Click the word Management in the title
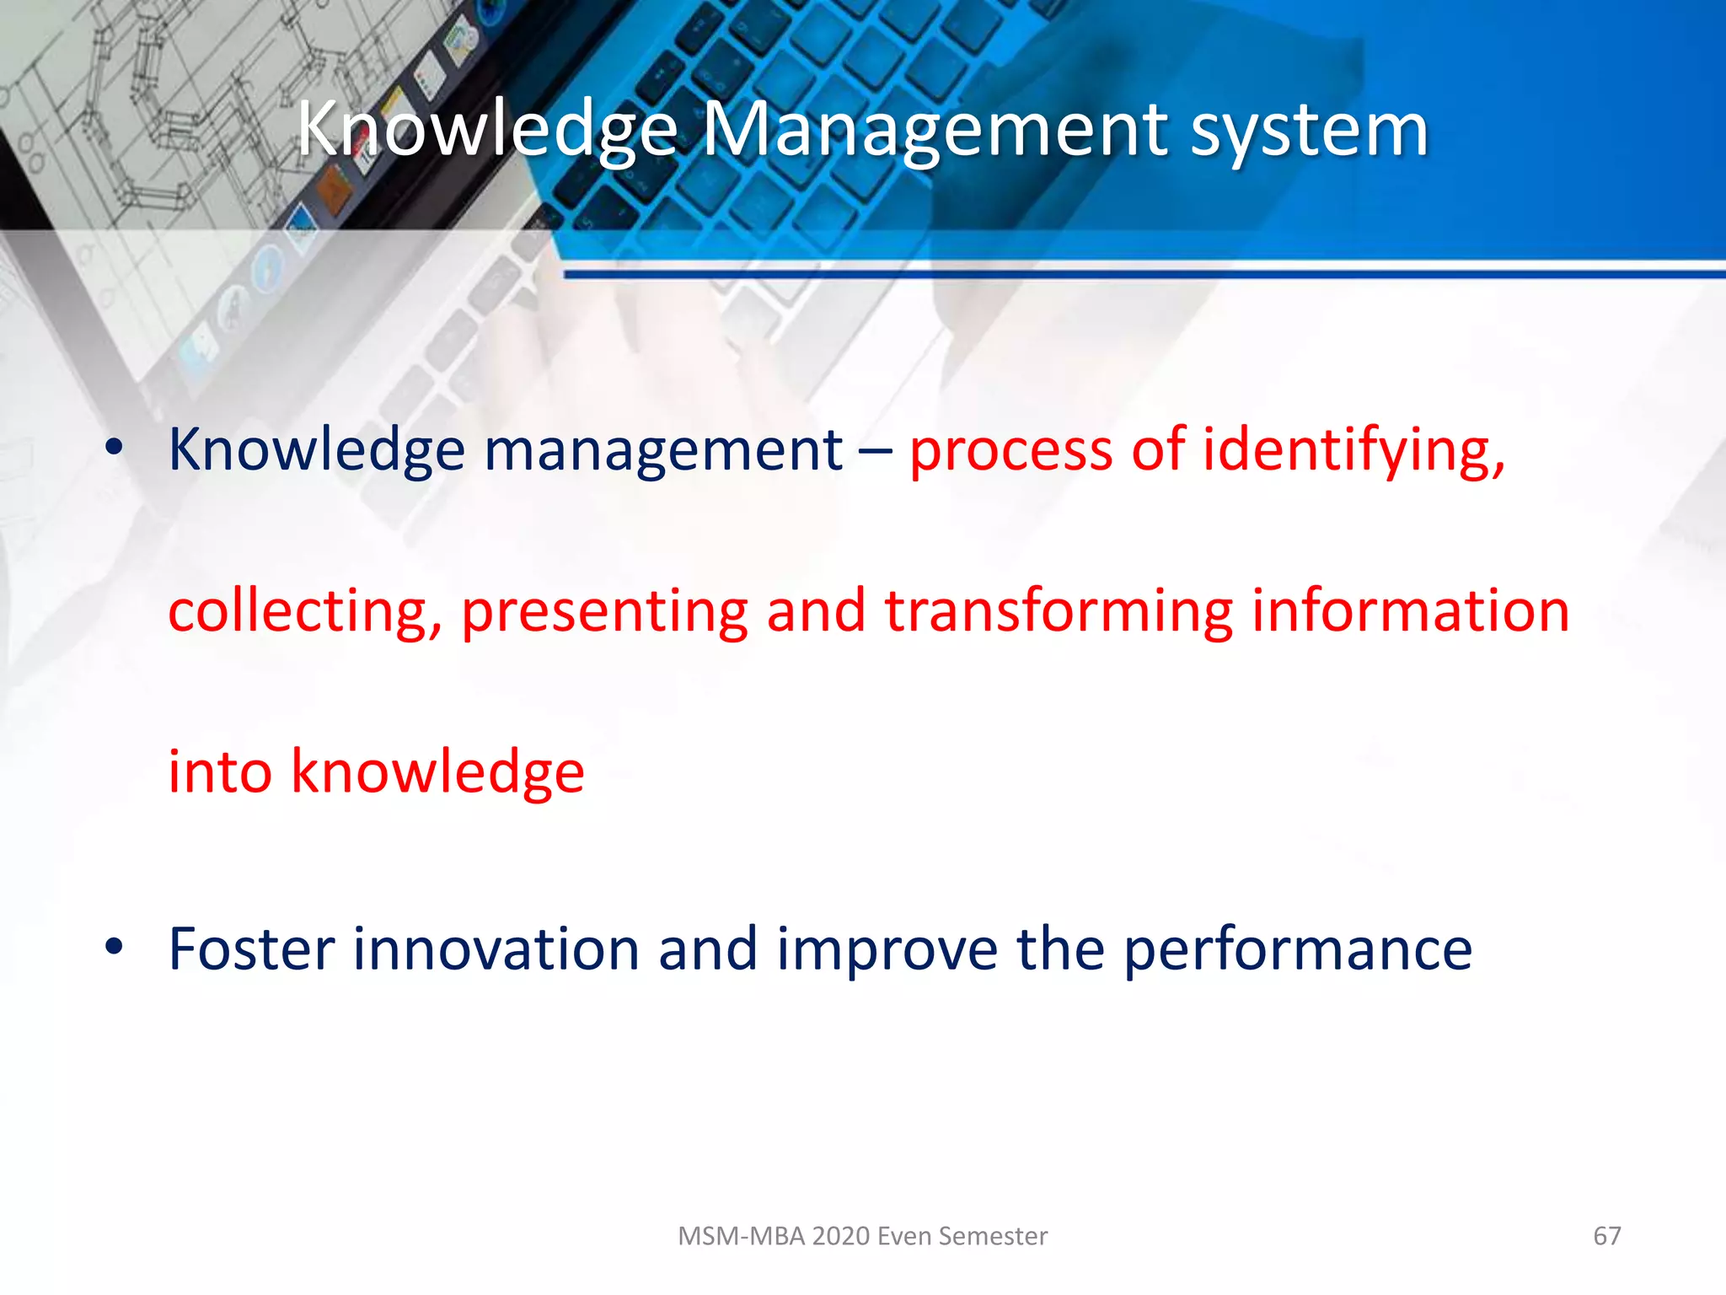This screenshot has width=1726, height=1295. click(x=934, y=131)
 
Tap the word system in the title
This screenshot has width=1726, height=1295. click(x=1309, y=131)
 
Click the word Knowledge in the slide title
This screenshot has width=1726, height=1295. click(x=487, y=131)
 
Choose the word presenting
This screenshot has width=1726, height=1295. click(x=604, y=611)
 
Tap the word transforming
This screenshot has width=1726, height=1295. click(x=1059, y=611)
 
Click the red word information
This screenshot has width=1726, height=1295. click(x=1410, y=611)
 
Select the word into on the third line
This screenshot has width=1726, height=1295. click(x=220, y=771)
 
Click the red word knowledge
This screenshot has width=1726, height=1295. click(x=437, y=771)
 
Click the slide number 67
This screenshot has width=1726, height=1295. click(x=1606, y=1236)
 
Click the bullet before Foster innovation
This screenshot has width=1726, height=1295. click(x=114, y=948)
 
